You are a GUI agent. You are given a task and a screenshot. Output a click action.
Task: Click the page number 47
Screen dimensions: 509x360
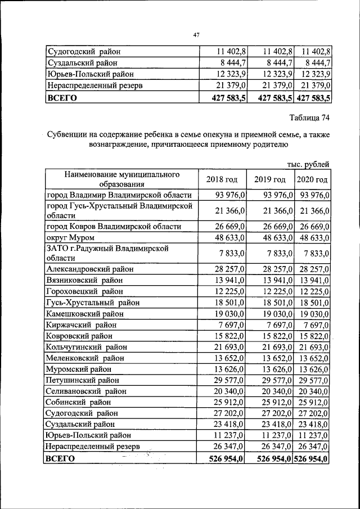pos(196,35)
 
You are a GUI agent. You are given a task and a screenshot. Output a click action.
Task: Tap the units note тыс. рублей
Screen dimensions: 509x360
pos(308,164)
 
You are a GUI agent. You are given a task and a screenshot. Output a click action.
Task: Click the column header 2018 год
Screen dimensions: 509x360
pos(222,179)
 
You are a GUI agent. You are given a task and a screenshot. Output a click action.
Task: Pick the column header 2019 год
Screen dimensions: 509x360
pos(270,179)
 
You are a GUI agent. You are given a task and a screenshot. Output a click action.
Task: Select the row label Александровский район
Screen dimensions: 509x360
pos(90,269)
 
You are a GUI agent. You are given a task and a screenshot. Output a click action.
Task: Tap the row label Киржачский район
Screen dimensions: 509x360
pos(82,325)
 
